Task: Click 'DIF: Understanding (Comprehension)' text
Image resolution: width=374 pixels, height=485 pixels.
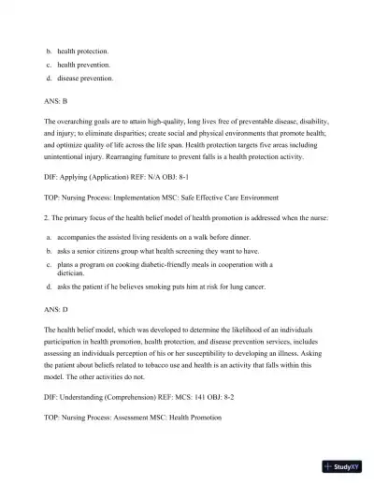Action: point(102,397)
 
